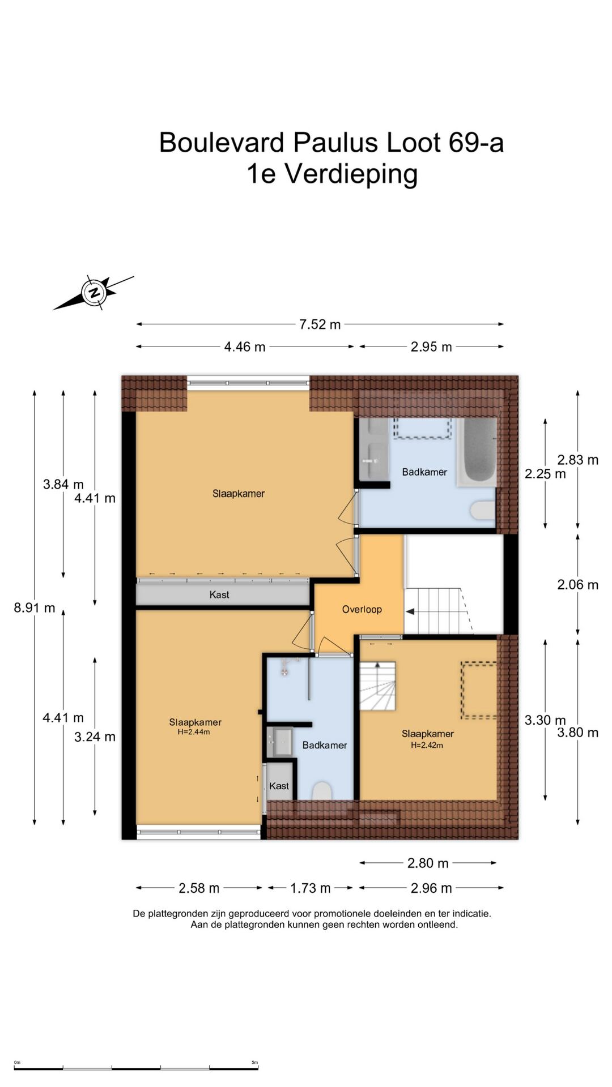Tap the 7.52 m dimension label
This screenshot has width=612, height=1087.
320,324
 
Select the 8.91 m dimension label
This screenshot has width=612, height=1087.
35,608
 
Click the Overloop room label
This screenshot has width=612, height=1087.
362,609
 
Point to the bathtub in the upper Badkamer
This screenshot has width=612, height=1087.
477,452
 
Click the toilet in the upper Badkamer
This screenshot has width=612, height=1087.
483,510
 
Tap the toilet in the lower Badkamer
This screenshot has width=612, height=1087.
322,791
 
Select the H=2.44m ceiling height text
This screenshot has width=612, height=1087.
194,732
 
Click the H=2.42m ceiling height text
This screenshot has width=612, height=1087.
427,745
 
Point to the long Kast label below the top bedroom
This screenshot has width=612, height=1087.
219,594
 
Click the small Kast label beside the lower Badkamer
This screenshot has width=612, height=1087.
279,786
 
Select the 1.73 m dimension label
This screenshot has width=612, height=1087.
310,888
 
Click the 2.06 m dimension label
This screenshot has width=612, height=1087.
577,585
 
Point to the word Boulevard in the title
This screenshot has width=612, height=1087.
222,142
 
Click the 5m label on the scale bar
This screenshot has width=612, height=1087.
254,1063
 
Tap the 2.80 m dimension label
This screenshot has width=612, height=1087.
428,863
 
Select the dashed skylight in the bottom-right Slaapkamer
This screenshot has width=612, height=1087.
479,690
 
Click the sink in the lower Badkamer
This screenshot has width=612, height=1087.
280,742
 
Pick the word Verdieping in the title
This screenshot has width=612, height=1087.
351,174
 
